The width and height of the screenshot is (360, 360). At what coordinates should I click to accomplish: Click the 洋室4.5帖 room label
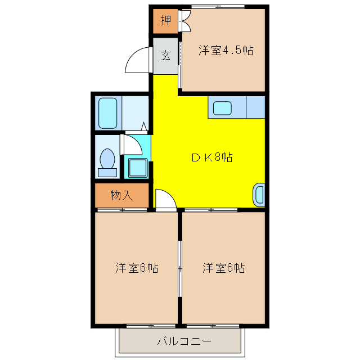click(226, 51)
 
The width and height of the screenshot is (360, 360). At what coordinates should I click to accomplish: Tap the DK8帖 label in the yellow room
click(211, 157)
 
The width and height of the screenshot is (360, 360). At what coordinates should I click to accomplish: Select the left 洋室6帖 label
click(137, 267)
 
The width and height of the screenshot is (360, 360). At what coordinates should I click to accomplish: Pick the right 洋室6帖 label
click(223, 267)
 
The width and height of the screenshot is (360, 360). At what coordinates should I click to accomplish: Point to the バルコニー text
click(183, 341)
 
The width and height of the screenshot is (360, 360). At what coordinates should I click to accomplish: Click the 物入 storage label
click(121, 196)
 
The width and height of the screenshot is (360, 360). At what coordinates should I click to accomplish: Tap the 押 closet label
click(165, 21)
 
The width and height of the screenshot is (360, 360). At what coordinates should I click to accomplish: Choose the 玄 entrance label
click(165, 55)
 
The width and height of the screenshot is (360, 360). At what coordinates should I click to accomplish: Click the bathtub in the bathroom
click(107, 113)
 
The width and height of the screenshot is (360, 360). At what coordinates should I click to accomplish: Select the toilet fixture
click(107, 159)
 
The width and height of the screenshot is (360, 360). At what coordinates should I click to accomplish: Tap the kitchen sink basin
click(222, 107)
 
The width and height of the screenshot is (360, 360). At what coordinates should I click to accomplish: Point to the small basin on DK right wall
click(259, 195)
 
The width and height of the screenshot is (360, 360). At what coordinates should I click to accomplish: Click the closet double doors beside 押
click(184, 21)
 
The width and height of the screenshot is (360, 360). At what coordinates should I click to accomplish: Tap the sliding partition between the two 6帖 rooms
click(180, 264)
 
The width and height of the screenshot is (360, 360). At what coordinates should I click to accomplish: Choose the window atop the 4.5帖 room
click(218, 7)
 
